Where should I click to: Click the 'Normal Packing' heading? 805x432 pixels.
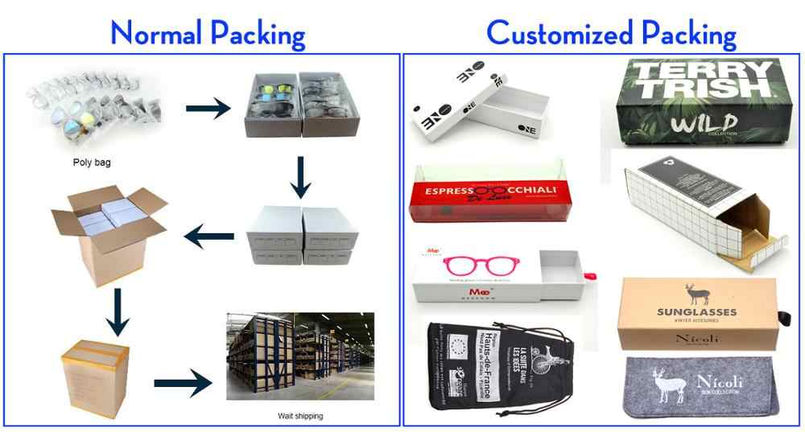point(208,33)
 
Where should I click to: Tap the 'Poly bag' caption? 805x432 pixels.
point(91,163)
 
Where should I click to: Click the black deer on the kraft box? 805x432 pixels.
point(691,292)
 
